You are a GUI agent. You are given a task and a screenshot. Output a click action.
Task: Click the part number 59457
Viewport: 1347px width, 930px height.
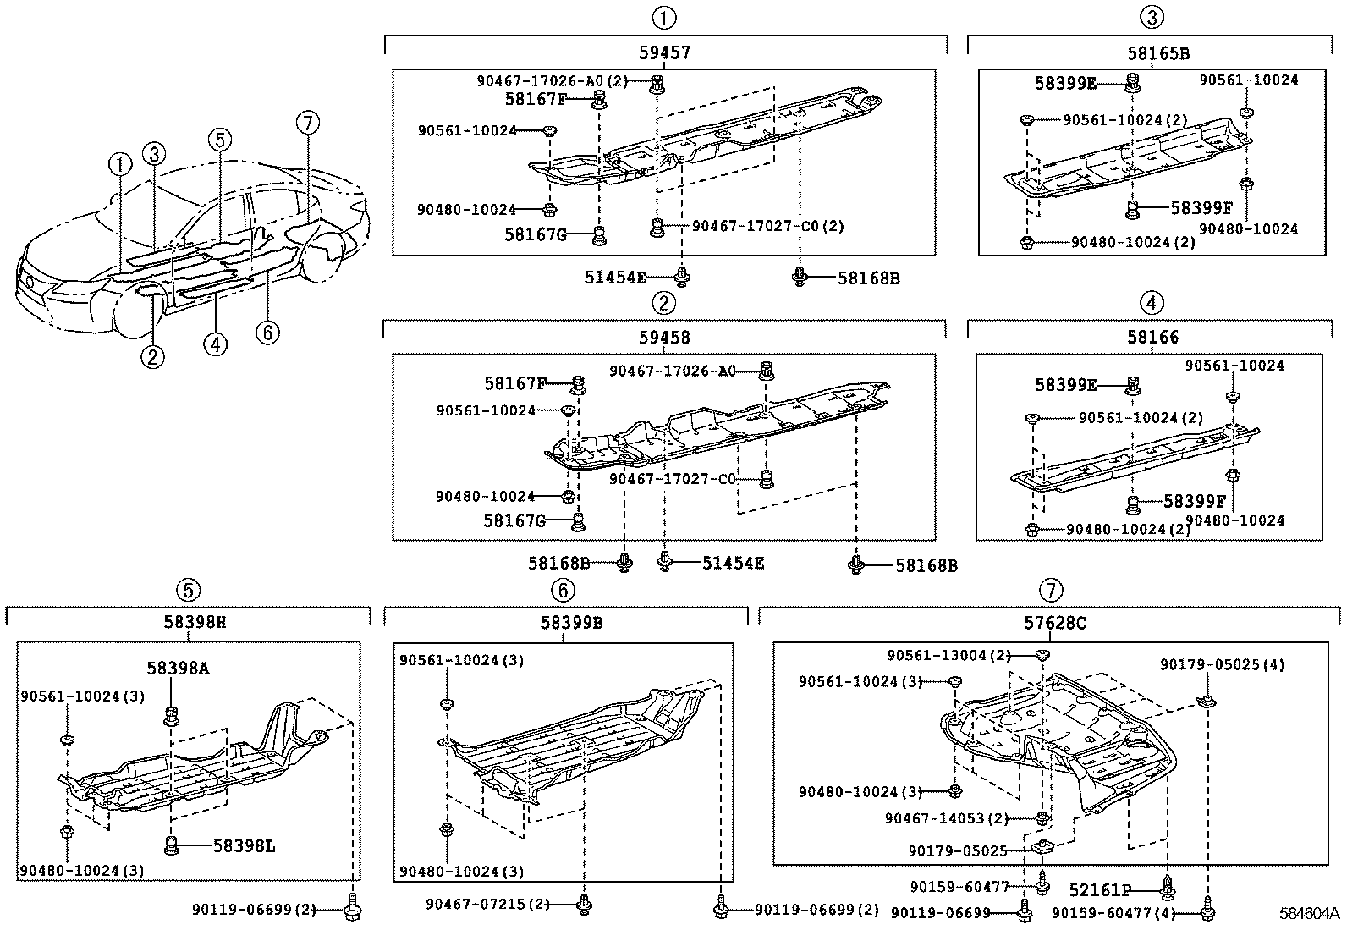(x=664, y=53)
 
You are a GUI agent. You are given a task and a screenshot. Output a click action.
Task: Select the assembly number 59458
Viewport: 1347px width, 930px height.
(x=664, y=338)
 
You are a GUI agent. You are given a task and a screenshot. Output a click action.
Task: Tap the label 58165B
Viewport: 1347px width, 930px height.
(x=1158, y=53)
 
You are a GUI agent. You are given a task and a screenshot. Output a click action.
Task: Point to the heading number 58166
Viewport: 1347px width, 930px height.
(x=1152, y=337)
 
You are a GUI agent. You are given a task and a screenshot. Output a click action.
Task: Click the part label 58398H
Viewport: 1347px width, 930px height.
(x=195, y=621)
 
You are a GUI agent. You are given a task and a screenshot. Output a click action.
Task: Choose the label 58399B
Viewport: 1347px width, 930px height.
(x=571, y=622)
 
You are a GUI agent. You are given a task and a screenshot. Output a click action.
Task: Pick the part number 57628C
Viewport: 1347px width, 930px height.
(x=1055, y=623)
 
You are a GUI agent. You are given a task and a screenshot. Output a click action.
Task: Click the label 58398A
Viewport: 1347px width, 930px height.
(x=178, y=669)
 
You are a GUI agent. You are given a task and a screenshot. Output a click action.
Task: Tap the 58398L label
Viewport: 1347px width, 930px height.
(x=245, y=845)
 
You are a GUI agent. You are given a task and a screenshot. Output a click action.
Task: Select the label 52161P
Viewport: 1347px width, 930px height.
(x=1101, y=889)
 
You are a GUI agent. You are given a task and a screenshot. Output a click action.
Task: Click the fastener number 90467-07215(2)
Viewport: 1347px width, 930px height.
(x=487, y=904)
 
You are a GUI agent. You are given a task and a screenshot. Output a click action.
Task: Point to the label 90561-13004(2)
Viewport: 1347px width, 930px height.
(x=949, y=655)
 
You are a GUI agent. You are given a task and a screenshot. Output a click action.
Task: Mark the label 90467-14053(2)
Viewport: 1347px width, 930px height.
(x=947, y=818)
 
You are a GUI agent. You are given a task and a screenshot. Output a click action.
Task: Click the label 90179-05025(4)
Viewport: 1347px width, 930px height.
(x=1223, y=665)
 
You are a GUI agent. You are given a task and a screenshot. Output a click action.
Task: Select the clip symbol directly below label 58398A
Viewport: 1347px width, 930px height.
(x=171, y=717)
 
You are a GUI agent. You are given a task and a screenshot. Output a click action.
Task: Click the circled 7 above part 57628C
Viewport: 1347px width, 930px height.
(x=1051, y=590)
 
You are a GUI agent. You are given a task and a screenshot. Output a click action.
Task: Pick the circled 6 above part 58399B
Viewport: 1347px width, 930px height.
(x=563, y=590)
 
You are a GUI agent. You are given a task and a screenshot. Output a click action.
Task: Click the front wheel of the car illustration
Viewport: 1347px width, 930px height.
(x=137, y=310)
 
